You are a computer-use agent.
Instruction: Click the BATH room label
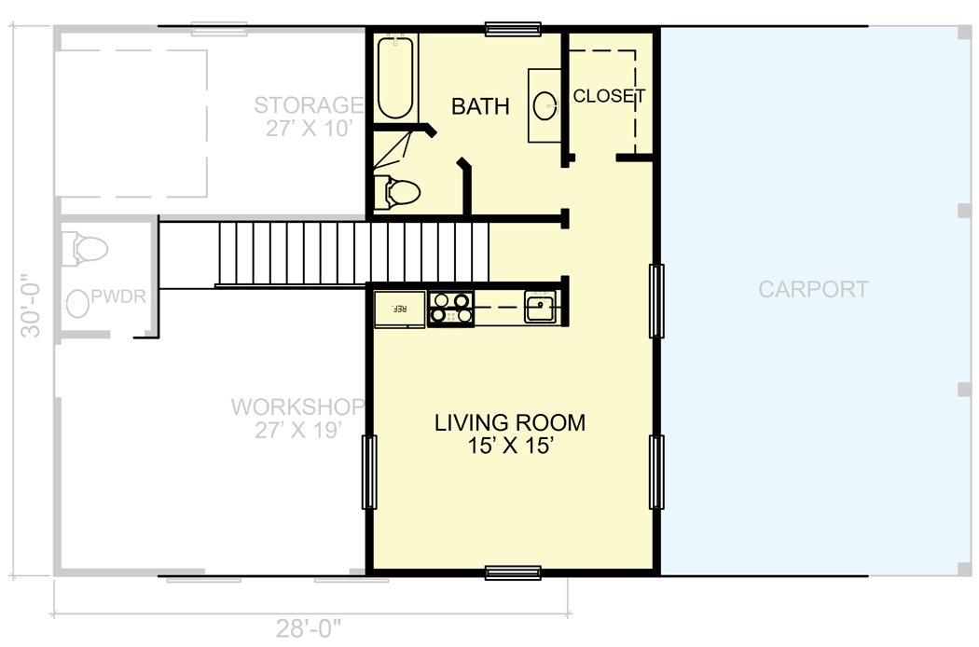tap(480, 106)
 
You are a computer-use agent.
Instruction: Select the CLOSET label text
tap(609, 96)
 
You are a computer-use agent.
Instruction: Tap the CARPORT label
tap(813, 289)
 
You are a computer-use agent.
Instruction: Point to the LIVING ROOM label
tap(510, 422)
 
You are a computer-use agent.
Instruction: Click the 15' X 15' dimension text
tap(510, 447)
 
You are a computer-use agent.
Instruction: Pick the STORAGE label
tap(308, 104)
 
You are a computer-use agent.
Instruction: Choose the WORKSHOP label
tap(296, 407)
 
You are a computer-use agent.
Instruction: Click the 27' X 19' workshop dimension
tap(296, 431)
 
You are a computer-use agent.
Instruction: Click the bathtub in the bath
tap(395, 77)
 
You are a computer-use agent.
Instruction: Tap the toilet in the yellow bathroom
tap(397, 193)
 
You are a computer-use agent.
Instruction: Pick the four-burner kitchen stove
tap(450, 309)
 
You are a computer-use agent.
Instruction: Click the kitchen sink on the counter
tap(539, 308)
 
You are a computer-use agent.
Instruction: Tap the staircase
tap(354, 252)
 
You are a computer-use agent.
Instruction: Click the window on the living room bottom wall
tap(513, 572)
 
